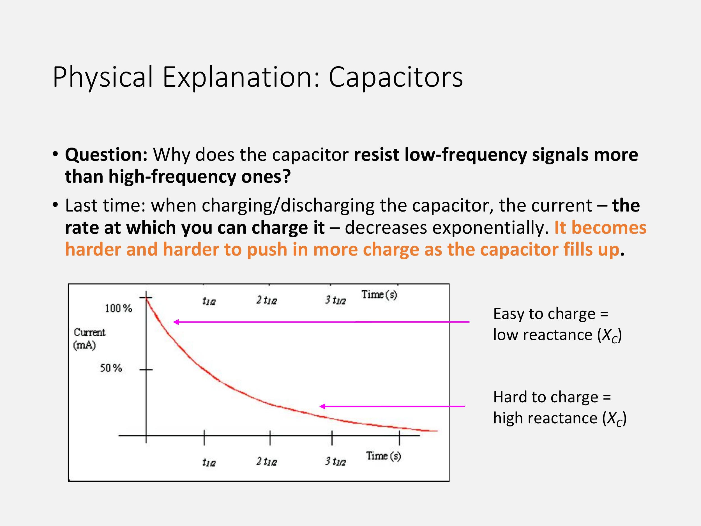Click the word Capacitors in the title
[x=395, y=77]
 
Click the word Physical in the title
[x=103, y=77]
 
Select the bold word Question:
[x=106, y=155]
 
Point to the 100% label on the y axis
[x=119, y=308]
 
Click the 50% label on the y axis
[x=111, y=368]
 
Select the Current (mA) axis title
[x=89, y=339]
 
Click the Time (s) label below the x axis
[x=384, y=456]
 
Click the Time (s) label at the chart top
[x=379, y=295]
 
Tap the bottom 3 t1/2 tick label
[x=335, y=461]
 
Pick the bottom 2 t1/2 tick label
[x=266, y=461]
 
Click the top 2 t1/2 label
[x=266, y=300]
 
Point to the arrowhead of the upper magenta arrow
[x=175, y=322]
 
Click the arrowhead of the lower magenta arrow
[x=321, y=406]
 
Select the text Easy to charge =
[x=551, y=314]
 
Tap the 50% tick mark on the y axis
[x=146, y=370]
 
